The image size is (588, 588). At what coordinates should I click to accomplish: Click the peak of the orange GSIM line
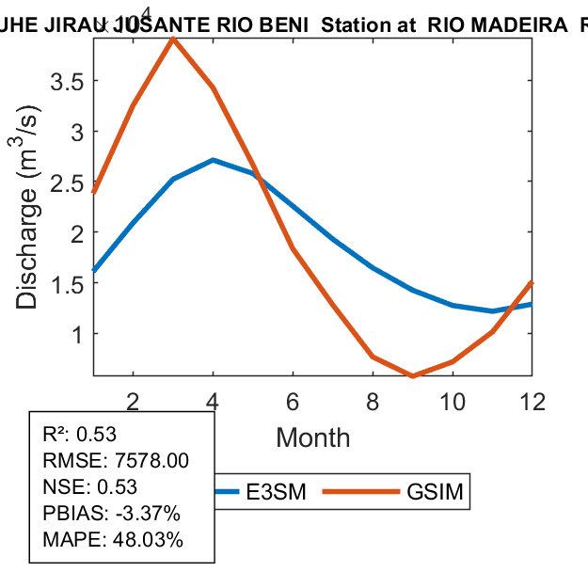(173, 39)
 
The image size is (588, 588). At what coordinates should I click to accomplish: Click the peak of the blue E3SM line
(214, 160)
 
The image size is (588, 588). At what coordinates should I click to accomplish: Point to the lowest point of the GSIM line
(412, 376)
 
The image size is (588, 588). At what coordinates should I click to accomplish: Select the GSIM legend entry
(434, 492)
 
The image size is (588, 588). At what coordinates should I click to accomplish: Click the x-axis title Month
(313, 437)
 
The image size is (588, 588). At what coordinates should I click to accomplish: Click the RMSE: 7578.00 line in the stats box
(116, 460)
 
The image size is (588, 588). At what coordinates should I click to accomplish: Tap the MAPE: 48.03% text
(113, 540)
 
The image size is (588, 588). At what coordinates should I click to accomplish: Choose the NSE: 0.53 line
(90, 487)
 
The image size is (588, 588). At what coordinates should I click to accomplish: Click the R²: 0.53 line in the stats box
(79, 434)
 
